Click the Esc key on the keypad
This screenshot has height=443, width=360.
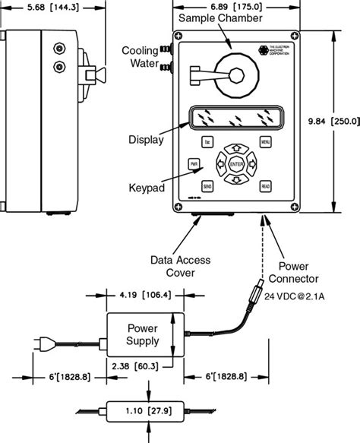pos(207,142)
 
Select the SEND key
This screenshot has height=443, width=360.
pos(207,185)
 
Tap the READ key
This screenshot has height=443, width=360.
pos(265,185)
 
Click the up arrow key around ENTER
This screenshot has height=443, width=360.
pos(236,148)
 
